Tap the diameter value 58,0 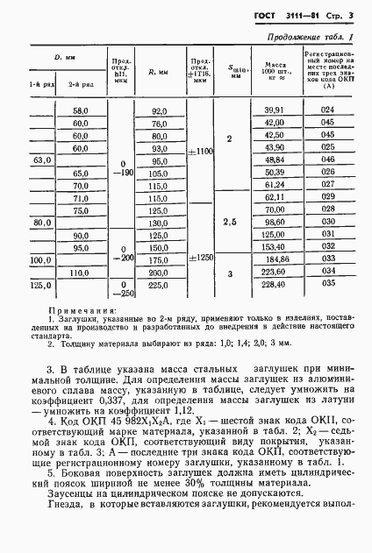click(81, 110)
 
